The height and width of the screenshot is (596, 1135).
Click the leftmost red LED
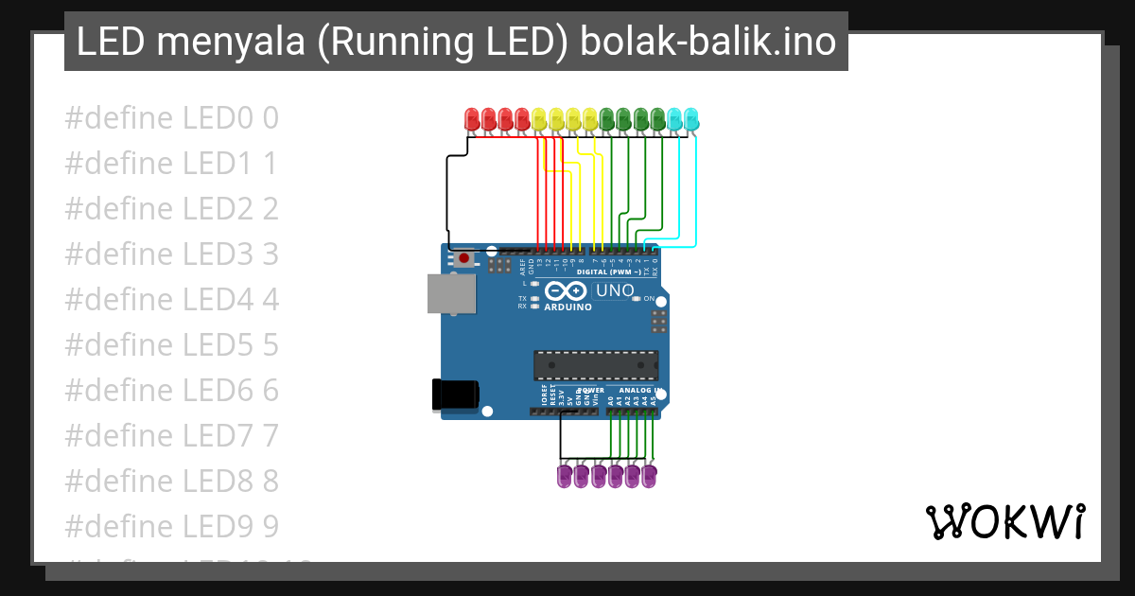[472, 119]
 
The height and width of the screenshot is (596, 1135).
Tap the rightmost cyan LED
[690, 119]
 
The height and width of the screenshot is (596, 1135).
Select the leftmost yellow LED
[540, 119]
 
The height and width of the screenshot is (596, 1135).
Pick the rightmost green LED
[657, 119]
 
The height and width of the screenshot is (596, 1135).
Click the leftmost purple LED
[565, 475]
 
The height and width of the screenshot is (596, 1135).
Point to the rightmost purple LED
[649, 475]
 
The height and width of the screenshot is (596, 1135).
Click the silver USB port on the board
[452, 293]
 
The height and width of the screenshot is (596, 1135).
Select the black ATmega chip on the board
[596, 365]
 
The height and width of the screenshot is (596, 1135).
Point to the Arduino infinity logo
[567, 291]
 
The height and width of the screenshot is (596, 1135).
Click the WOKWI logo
[1004, 521]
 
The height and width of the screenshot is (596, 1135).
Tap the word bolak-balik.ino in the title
[708, 42]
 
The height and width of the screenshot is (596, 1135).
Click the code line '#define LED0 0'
[172, 118]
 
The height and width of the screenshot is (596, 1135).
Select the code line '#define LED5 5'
[172, 345]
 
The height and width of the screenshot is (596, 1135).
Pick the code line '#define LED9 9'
[172, 526]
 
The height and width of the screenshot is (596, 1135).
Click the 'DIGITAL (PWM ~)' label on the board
[615, 272]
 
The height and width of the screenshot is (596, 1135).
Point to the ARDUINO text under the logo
[568, 307]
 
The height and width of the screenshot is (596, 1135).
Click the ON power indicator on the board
[649, 299]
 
